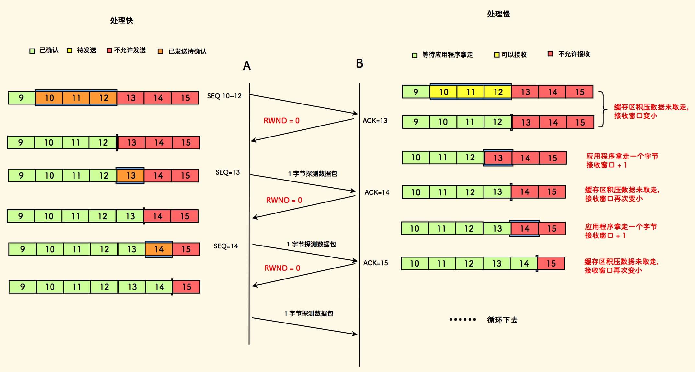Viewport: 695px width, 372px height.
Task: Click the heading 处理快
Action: [121, 21]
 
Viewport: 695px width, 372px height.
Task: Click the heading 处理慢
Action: [498, 14]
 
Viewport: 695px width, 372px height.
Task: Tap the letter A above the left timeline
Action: [247, 66]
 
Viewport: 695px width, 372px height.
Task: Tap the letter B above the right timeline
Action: [359, 63]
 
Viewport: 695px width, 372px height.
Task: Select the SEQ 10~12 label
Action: [224, 96]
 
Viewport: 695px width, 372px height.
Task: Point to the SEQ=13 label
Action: [228, 172]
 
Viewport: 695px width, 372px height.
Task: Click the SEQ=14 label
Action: [226, 246]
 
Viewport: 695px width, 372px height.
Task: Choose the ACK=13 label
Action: [375, 121]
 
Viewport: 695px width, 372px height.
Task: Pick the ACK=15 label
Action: [375, 263]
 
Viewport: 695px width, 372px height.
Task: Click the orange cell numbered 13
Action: [131, 176]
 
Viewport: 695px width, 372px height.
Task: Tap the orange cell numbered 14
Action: [159, 249]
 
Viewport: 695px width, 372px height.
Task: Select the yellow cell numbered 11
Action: [471, 92]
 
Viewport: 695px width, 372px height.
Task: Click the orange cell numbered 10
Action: [49, 98]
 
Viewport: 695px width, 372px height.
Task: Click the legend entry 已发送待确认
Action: [187, 51]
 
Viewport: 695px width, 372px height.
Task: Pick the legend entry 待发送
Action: [86, 50]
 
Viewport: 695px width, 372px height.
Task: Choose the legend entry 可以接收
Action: [514, 55]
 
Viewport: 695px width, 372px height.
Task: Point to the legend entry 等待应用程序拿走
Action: [447, 55]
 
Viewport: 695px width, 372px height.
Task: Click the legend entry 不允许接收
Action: [574, 54]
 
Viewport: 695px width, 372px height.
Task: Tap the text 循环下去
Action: [502, 320]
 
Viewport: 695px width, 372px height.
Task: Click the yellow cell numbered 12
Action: [498, 92]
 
